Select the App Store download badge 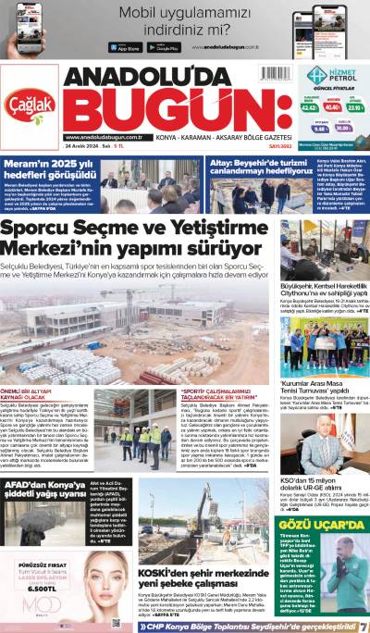129,47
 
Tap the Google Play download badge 163,47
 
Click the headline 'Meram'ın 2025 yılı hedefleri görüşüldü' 51,165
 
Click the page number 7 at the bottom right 363,627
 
